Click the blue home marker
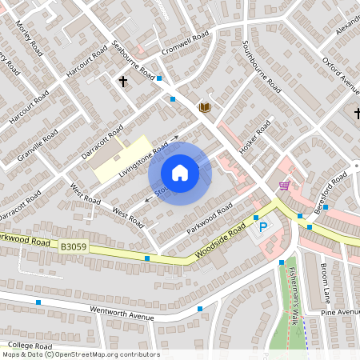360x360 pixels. pyautogui.click(x=180, y=173)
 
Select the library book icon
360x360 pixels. pyautogui.click(x=205, y=107)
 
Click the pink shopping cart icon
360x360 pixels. pyautogui.click(x=284, y=186)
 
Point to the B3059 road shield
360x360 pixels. pyautogui.click(x=74, y=250)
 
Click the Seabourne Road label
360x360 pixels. pyautogui.click(x=134, y=59)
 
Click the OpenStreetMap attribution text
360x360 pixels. pyautogui.click(x=80, y=354)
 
